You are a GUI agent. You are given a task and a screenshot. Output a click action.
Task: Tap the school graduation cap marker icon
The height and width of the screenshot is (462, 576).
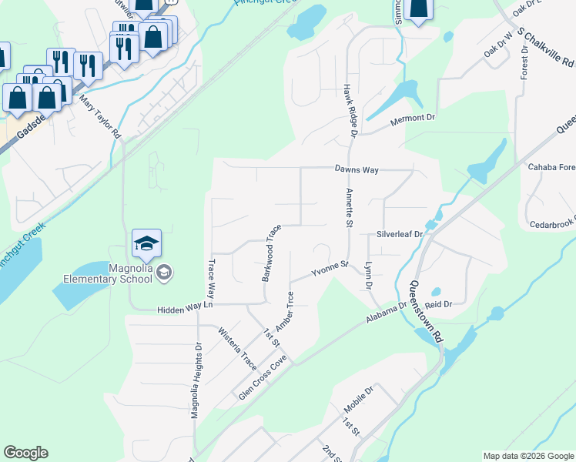point(146,243)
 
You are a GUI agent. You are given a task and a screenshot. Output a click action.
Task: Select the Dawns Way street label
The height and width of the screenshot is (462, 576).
point(357,169)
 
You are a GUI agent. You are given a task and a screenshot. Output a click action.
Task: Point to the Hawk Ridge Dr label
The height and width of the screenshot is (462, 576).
point(348,112)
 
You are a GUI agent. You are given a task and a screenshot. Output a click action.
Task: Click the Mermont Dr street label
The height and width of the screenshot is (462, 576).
point(413,119)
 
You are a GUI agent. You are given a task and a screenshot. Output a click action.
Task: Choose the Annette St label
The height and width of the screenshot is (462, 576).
point(349,208)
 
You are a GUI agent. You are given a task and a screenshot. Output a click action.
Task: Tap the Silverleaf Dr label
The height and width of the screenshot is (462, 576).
point(400,233)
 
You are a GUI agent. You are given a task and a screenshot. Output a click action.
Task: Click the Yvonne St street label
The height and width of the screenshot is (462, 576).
point(330,269)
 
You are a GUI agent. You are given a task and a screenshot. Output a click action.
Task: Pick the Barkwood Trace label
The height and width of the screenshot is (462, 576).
point(270,253)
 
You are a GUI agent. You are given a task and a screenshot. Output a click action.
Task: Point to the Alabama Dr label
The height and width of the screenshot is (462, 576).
point(387,314)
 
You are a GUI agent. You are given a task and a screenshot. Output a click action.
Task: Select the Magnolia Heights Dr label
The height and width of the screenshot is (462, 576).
point(196,380)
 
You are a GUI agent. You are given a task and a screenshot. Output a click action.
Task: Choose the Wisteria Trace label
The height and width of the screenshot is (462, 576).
point(237,349)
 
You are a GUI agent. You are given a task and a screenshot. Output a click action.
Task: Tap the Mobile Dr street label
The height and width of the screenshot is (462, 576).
point(358,400)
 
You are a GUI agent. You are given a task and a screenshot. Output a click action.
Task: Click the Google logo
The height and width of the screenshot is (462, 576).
point(25,453)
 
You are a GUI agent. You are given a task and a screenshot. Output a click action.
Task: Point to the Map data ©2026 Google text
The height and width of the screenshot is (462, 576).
point(528,456)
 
